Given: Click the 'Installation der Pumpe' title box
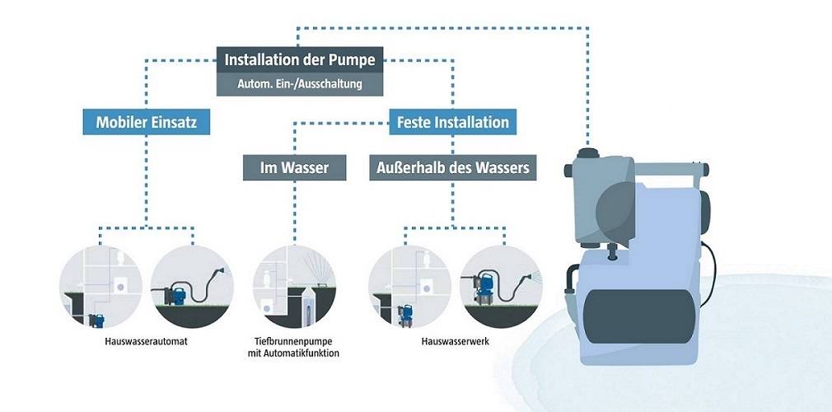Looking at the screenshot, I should pyautogui.click(x=300, y=60).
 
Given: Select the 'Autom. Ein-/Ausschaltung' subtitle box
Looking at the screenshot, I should pyautogui.click(x=300, y=83).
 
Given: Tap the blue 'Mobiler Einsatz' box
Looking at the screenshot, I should pyautogui.click(x=147, y=123).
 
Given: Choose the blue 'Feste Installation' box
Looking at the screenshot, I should pyautogui.click(x=453, y=123).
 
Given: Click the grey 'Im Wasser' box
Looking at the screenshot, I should pyautogui.click(x=294, y=168).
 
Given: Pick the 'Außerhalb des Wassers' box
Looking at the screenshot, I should pyautogui.click(x=453, y=168).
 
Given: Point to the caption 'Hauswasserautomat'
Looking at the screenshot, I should pyautogui.click(x=147, y=340).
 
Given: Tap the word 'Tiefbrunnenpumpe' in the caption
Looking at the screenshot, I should pyautogui.click(x=297, y=340).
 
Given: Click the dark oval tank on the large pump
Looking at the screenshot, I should pyautogui.click(x=635, y=308).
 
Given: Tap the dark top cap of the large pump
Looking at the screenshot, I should pyautogui.click(x=591, y=152).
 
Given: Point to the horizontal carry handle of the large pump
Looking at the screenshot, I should pyautogui.click(x=667, y=171).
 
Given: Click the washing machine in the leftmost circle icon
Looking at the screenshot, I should pyautogui.click(x=121, y=286).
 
